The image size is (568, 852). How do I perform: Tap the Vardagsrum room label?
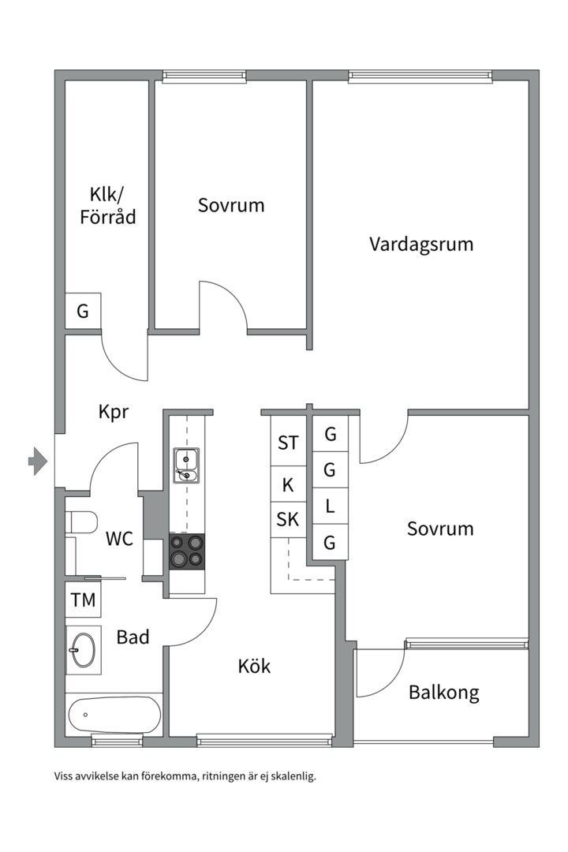click(x=421, y=244)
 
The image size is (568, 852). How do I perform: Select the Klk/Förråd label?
click(x=107, y=205)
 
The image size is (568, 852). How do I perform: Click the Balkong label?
click(x=443, y=693)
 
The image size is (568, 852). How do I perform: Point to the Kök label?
click(x=254, y=666)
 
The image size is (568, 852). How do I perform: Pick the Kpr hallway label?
click(x=114, y=412)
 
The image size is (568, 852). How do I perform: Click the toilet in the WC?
click(x=81, y=521)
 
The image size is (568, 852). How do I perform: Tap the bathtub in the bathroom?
click(x=114, y=716)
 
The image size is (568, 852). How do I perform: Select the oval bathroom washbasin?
click(x=84, y=651)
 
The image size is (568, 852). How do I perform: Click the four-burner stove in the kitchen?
click(x=187, y=551)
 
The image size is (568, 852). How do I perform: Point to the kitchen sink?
click(x=187, y=465)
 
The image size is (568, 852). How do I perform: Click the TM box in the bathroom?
click(x=83, y=600)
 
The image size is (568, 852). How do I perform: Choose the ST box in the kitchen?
click(x=288, y=443)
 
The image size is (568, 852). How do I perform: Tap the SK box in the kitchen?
click(x=288, y=519)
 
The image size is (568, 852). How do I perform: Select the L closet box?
click(x=330, y=507)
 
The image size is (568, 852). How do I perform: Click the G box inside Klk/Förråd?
click(x=83, y=311)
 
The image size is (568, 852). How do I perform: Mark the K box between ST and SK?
click(x=288, y=484)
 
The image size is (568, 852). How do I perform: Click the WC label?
click(x=119, y=540)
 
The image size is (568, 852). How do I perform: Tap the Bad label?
click(x=133, y=637)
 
